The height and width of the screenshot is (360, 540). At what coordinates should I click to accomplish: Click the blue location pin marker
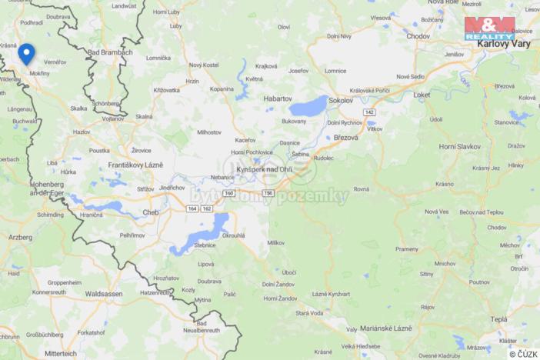coord(27,53)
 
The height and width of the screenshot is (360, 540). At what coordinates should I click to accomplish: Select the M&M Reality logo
coord(490,28)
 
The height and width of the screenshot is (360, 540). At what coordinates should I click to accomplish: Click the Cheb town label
coord(151,212)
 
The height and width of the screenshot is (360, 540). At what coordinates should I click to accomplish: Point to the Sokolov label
coord(340,100)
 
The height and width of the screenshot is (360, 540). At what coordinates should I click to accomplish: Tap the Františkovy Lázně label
coord(135,165)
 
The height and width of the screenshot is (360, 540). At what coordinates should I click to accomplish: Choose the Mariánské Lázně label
coord(380,328)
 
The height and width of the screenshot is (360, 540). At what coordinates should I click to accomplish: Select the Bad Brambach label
coord(111,52)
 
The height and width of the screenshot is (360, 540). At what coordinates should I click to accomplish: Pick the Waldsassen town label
coord(104,293)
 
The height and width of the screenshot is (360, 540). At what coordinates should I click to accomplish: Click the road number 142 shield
coord(370,112)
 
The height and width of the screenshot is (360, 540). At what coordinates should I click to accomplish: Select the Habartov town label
coord(277,98)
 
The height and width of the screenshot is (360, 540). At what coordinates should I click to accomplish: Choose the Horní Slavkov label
coord(458,145)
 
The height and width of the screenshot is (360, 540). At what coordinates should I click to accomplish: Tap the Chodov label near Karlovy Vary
coord(418,36)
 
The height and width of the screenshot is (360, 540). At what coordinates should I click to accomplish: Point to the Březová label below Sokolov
coord(347,137)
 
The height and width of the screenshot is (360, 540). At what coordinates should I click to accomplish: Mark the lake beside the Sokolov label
coord(309,106)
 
